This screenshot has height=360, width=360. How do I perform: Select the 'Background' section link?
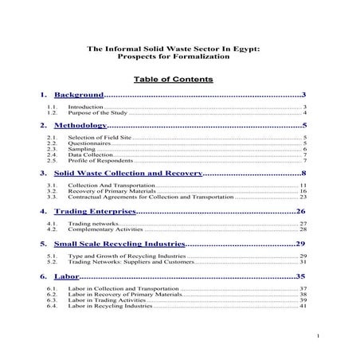pos(80,96)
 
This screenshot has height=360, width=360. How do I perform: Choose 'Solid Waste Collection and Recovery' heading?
pos(127,173)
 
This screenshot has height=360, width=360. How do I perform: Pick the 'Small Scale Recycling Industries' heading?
pos(119,243)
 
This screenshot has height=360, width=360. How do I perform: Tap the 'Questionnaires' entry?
pos(90,143)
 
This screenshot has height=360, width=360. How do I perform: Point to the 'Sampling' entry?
pos(81,149)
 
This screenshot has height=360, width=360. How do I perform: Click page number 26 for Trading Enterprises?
pos(301,211)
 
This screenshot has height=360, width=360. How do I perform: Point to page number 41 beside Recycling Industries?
pos(303,306)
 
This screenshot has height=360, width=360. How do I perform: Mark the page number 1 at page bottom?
pos(316,335)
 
